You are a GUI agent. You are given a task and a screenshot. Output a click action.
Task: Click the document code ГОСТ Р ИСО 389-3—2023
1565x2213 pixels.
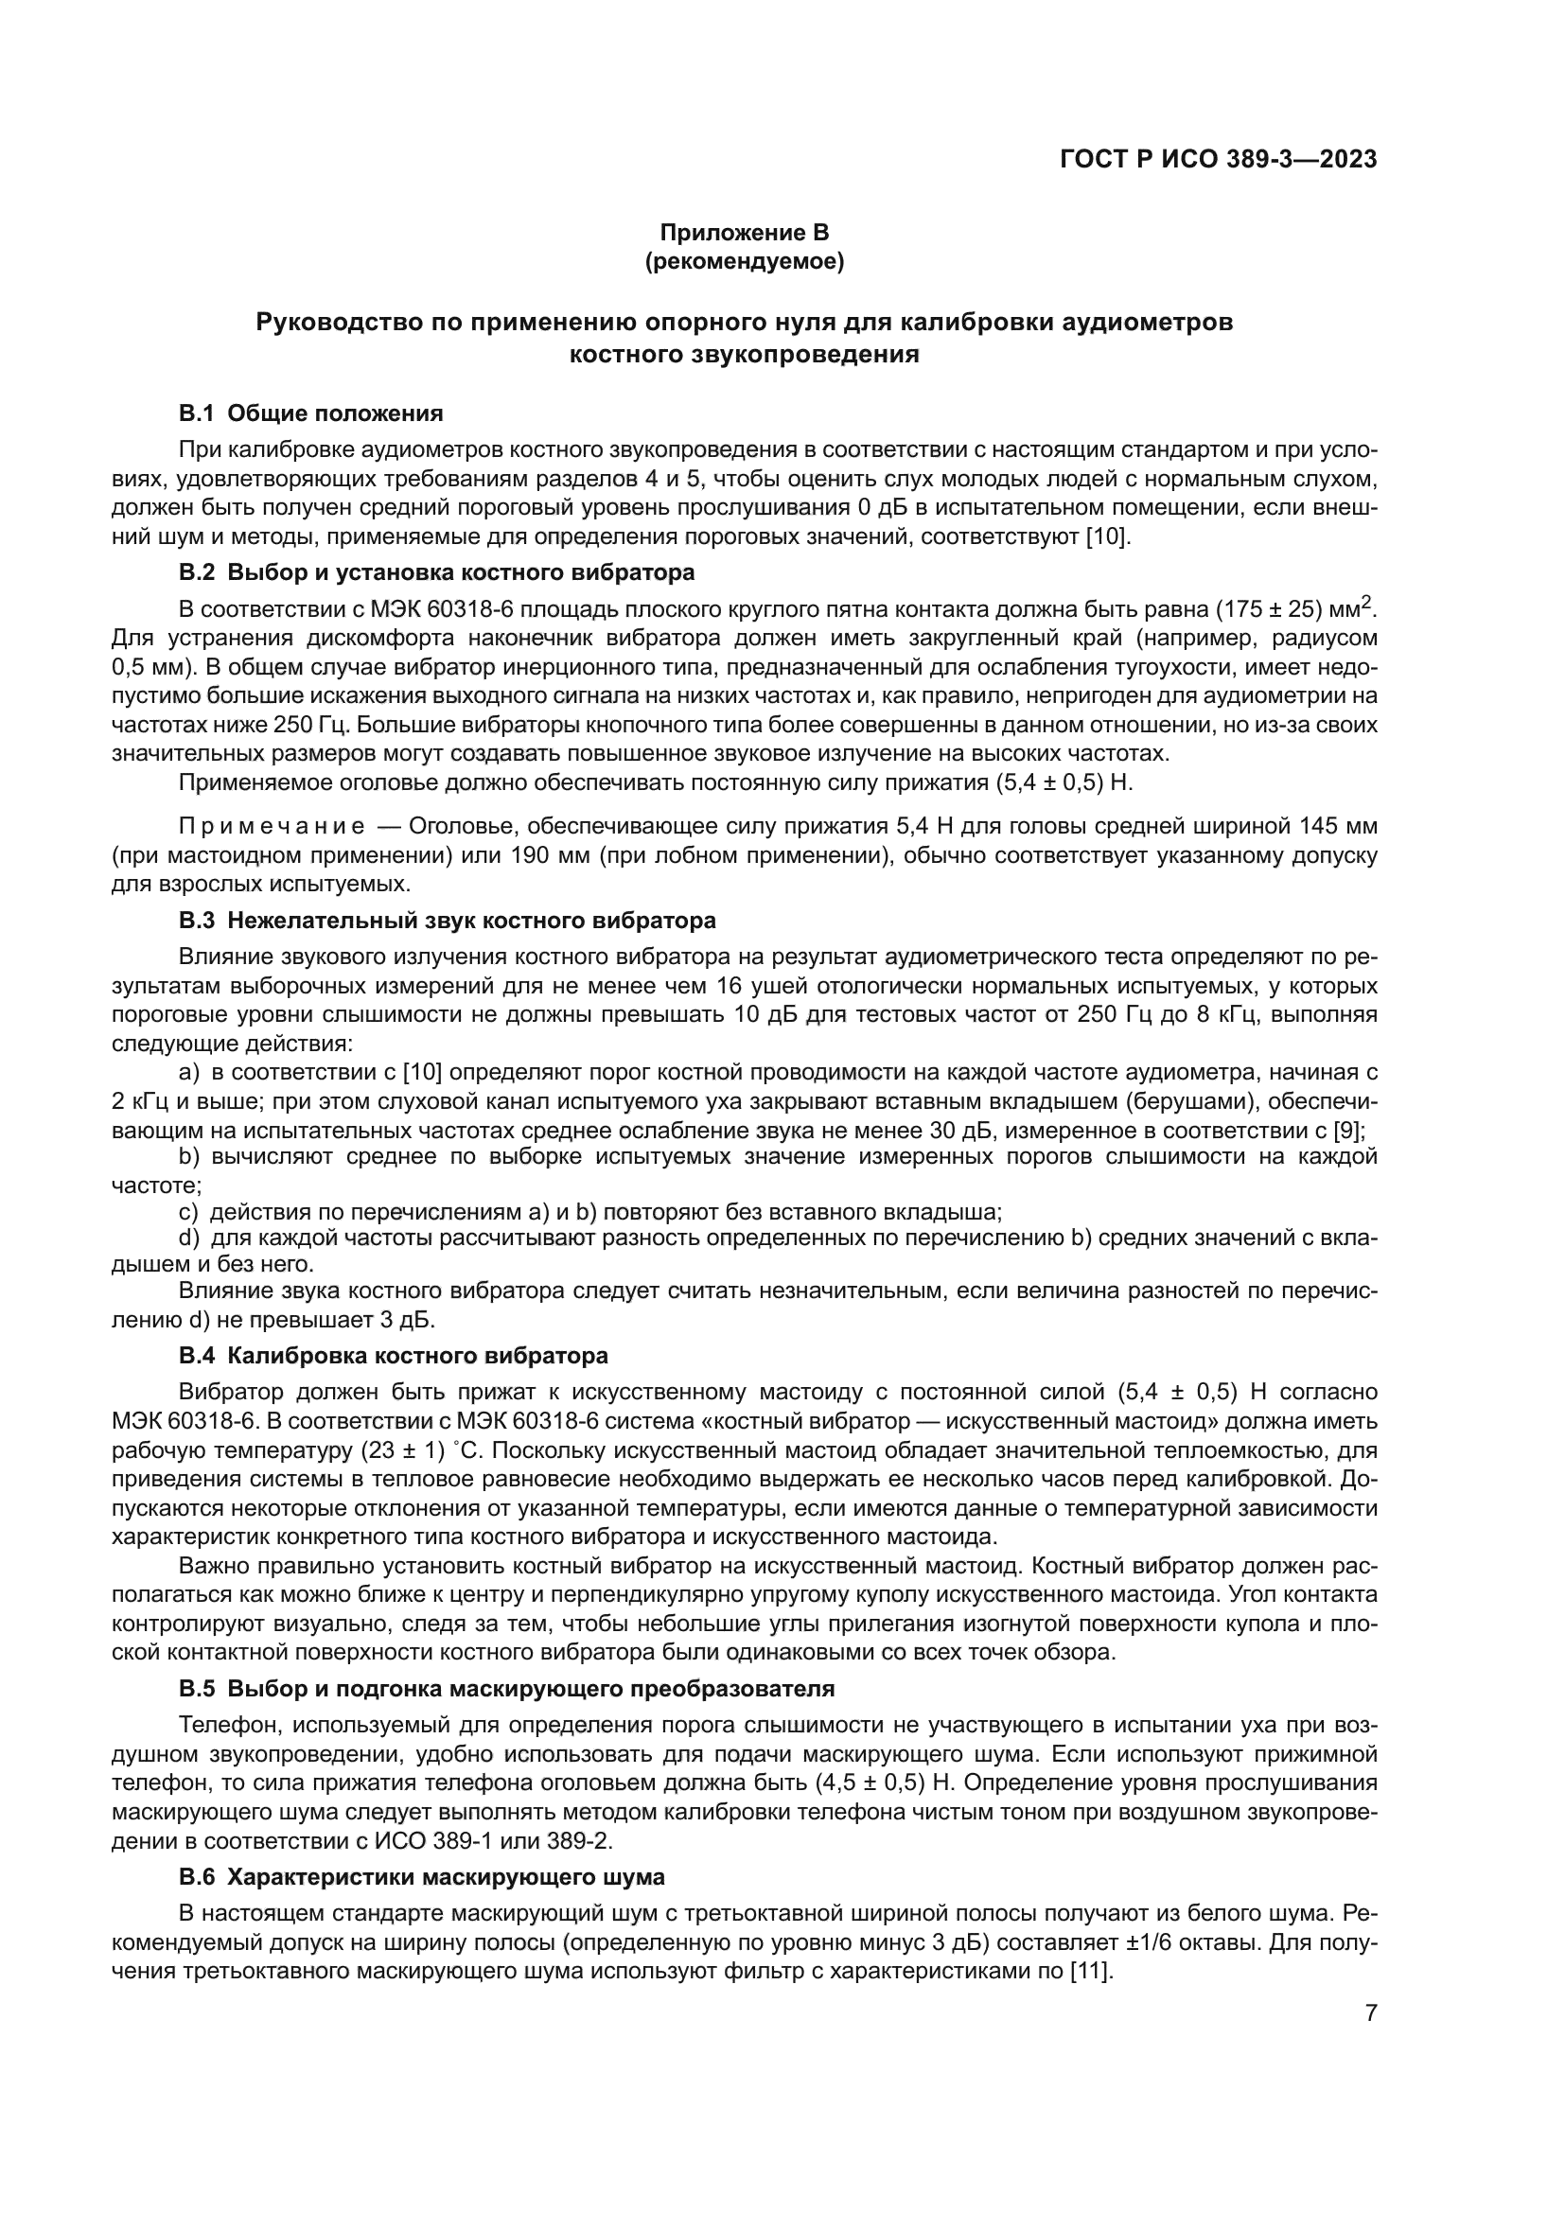click(x=1218, y=160)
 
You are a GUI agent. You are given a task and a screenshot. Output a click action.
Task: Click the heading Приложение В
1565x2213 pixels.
click(x=744, y=233)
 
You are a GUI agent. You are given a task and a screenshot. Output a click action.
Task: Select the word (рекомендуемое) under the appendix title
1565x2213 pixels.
click(x=744, y=261)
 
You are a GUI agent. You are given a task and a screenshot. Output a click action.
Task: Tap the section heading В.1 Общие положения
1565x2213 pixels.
click(x=311, y=414)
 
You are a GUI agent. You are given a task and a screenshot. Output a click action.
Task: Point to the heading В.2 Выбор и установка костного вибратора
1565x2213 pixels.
click(x=436, y=572)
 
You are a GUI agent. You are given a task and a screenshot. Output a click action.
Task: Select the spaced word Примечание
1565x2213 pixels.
click(x=272, y=826)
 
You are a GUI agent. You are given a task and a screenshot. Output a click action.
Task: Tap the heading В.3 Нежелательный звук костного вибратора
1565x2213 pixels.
click(x=448, y=921)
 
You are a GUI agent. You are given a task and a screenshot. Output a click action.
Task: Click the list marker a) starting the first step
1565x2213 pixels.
click(x=189, y=1072)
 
